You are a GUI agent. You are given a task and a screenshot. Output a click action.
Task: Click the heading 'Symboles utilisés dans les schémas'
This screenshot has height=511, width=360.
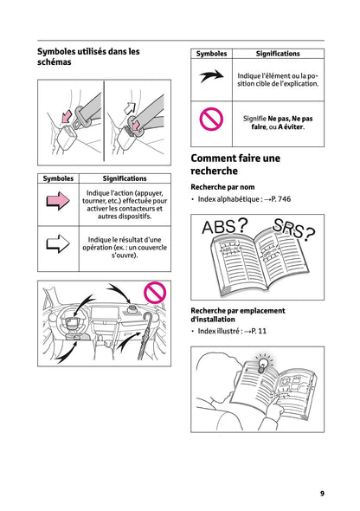pos(88,57)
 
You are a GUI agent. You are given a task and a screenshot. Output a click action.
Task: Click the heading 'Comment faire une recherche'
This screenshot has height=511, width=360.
pos(235,165)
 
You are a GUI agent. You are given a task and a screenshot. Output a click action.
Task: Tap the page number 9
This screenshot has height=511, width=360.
pos(322,493)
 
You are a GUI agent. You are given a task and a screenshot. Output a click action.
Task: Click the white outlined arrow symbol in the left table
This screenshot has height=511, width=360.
pos(57,245)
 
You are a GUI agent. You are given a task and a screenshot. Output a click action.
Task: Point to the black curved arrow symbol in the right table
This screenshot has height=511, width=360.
pos(211,77)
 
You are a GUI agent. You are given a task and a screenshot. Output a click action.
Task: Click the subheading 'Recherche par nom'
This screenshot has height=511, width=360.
pos(222,186)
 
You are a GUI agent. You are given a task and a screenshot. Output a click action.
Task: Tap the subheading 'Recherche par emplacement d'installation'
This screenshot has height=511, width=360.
pos(237,314)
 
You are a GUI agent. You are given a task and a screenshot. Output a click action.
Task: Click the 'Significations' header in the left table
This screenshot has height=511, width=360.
pos(124,178)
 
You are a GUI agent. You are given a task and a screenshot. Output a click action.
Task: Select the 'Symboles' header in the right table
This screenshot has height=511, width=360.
pos(211,54)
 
